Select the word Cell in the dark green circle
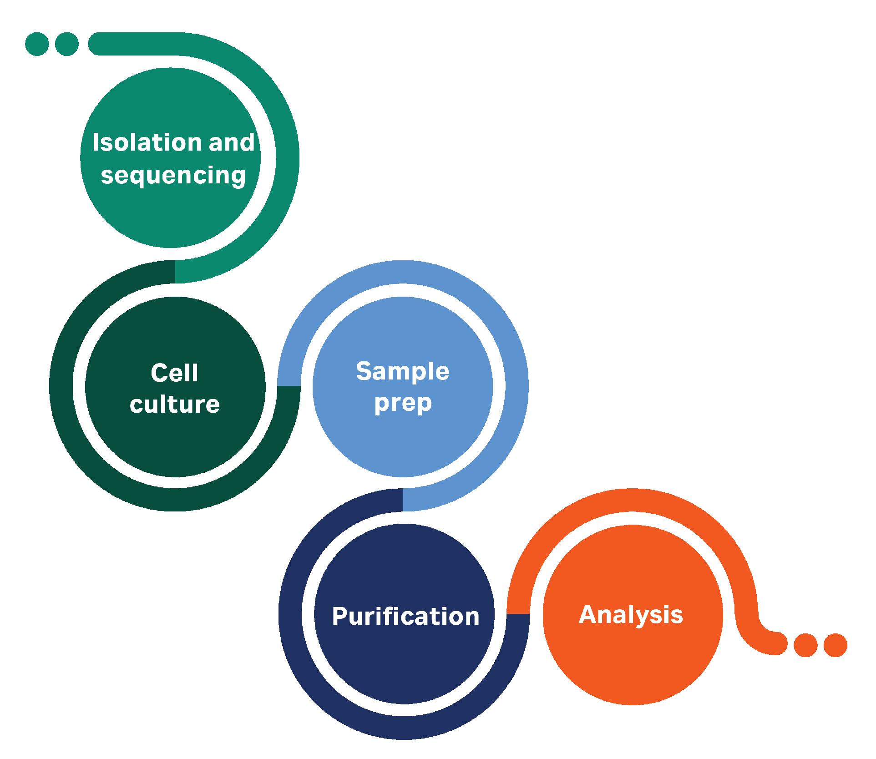[175, 373]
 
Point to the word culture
[175, 404]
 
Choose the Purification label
[405, 617]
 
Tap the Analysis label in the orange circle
[631, 615]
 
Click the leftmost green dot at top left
[37, 44]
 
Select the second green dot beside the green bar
[66, 44]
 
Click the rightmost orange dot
[835, 645]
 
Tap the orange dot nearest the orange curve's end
[805, 645]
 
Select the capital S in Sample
[365, 371]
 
